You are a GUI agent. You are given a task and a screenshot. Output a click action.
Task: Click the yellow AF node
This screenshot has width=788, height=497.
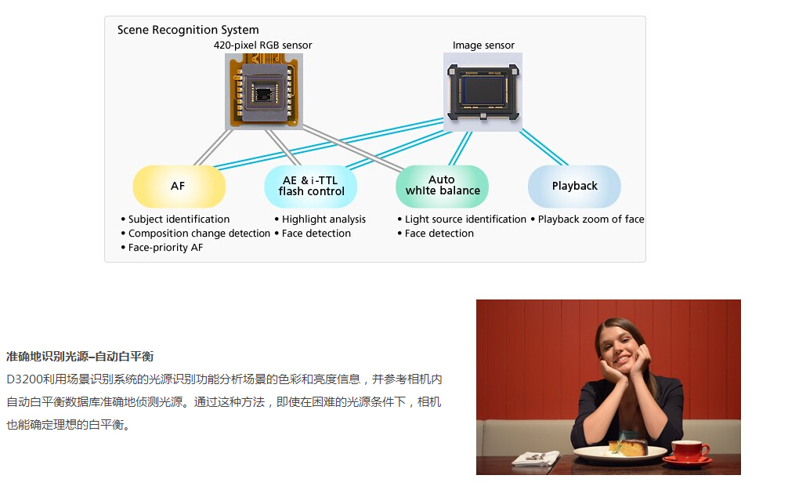179,186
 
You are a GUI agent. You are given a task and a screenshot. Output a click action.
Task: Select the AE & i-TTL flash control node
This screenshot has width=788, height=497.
310,186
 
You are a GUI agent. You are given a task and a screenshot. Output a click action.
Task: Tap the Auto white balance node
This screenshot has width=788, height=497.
443,186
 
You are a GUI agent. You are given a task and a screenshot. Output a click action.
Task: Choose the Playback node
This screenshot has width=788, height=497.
574,186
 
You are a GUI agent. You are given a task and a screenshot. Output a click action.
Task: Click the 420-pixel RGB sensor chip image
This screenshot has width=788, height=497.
264,91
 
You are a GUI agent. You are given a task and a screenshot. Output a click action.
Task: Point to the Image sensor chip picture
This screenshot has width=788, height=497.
483,92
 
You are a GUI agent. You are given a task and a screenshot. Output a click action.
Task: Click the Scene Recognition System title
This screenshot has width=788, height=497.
188,30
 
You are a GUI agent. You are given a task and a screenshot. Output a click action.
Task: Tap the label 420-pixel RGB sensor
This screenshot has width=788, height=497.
263,45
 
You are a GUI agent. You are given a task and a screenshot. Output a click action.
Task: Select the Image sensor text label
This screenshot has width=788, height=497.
483,45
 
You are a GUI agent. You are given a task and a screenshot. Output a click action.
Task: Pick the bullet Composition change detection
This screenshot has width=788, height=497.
196,234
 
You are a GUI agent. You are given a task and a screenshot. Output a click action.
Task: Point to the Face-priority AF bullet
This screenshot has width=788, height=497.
162,248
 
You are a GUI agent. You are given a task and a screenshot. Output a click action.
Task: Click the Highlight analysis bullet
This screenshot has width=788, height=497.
320,219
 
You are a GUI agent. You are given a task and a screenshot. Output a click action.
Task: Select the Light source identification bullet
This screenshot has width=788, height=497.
462,219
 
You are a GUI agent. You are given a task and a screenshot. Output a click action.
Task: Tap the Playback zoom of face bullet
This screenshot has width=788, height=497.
587,219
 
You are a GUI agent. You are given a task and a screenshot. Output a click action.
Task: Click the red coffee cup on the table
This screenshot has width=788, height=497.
688,452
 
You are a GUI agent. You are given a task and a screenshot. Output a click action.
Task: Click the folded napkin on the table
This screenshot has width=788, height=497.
536,458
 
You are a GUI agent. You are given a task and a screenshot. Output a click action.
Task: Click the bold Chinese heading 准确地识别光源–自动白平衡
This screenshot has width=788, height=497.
80,357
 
